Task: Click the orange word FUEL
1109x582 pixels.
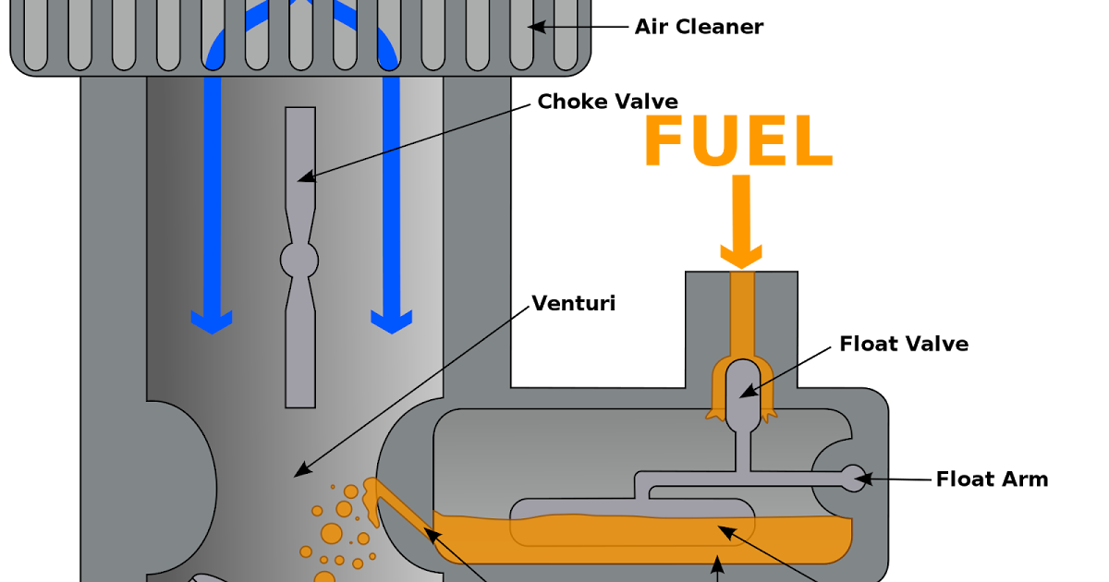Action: (x=737, y=141)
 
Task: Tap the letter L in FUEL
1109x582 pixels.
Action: (x=813, y=141)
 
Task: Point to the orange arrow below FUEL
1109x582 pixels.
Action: (x=741, y=222)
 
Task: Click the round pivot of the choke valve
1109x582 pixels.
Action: (x=299, y=261)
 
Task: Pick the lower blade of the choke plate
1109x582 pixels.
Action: (x=300, y=351)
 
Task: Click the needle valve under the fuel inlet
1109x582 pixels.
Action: (x=743, y=393)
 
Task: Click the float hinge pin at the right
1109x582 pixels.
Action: (x=853, y=479)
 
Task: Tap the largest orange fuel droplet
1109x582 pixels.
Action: (x=331, y=533)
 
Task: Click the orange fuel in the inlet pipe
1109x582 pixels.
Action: (x=742, y=314)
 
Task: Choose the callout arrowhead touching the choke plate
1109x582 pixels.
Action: (x=304, y=176)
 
